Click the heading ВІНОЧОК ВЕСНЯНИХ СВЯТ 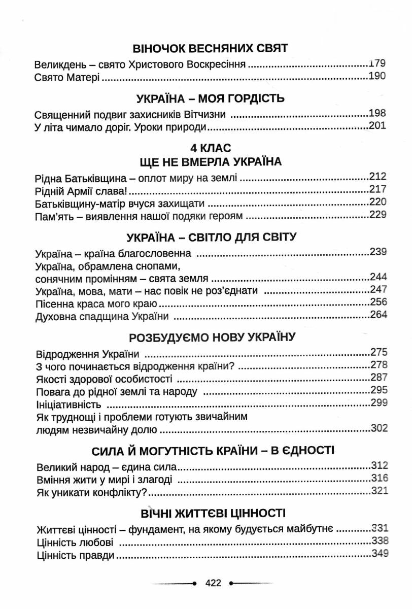click(210, 49)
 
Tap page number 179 click(378, 64)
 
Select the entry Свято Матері click(67, 78)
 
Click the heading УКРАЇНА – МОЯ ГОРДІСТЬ click(210, 98)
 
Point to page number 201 click(378, 126)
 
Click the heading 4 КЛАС click(210, 148)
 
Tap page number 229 click(379, 215)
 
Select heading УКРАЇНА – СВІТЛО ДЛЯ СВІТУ click(211, 238)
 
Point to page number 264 click(379, 315)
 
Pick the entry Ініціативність click(69, 404)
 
